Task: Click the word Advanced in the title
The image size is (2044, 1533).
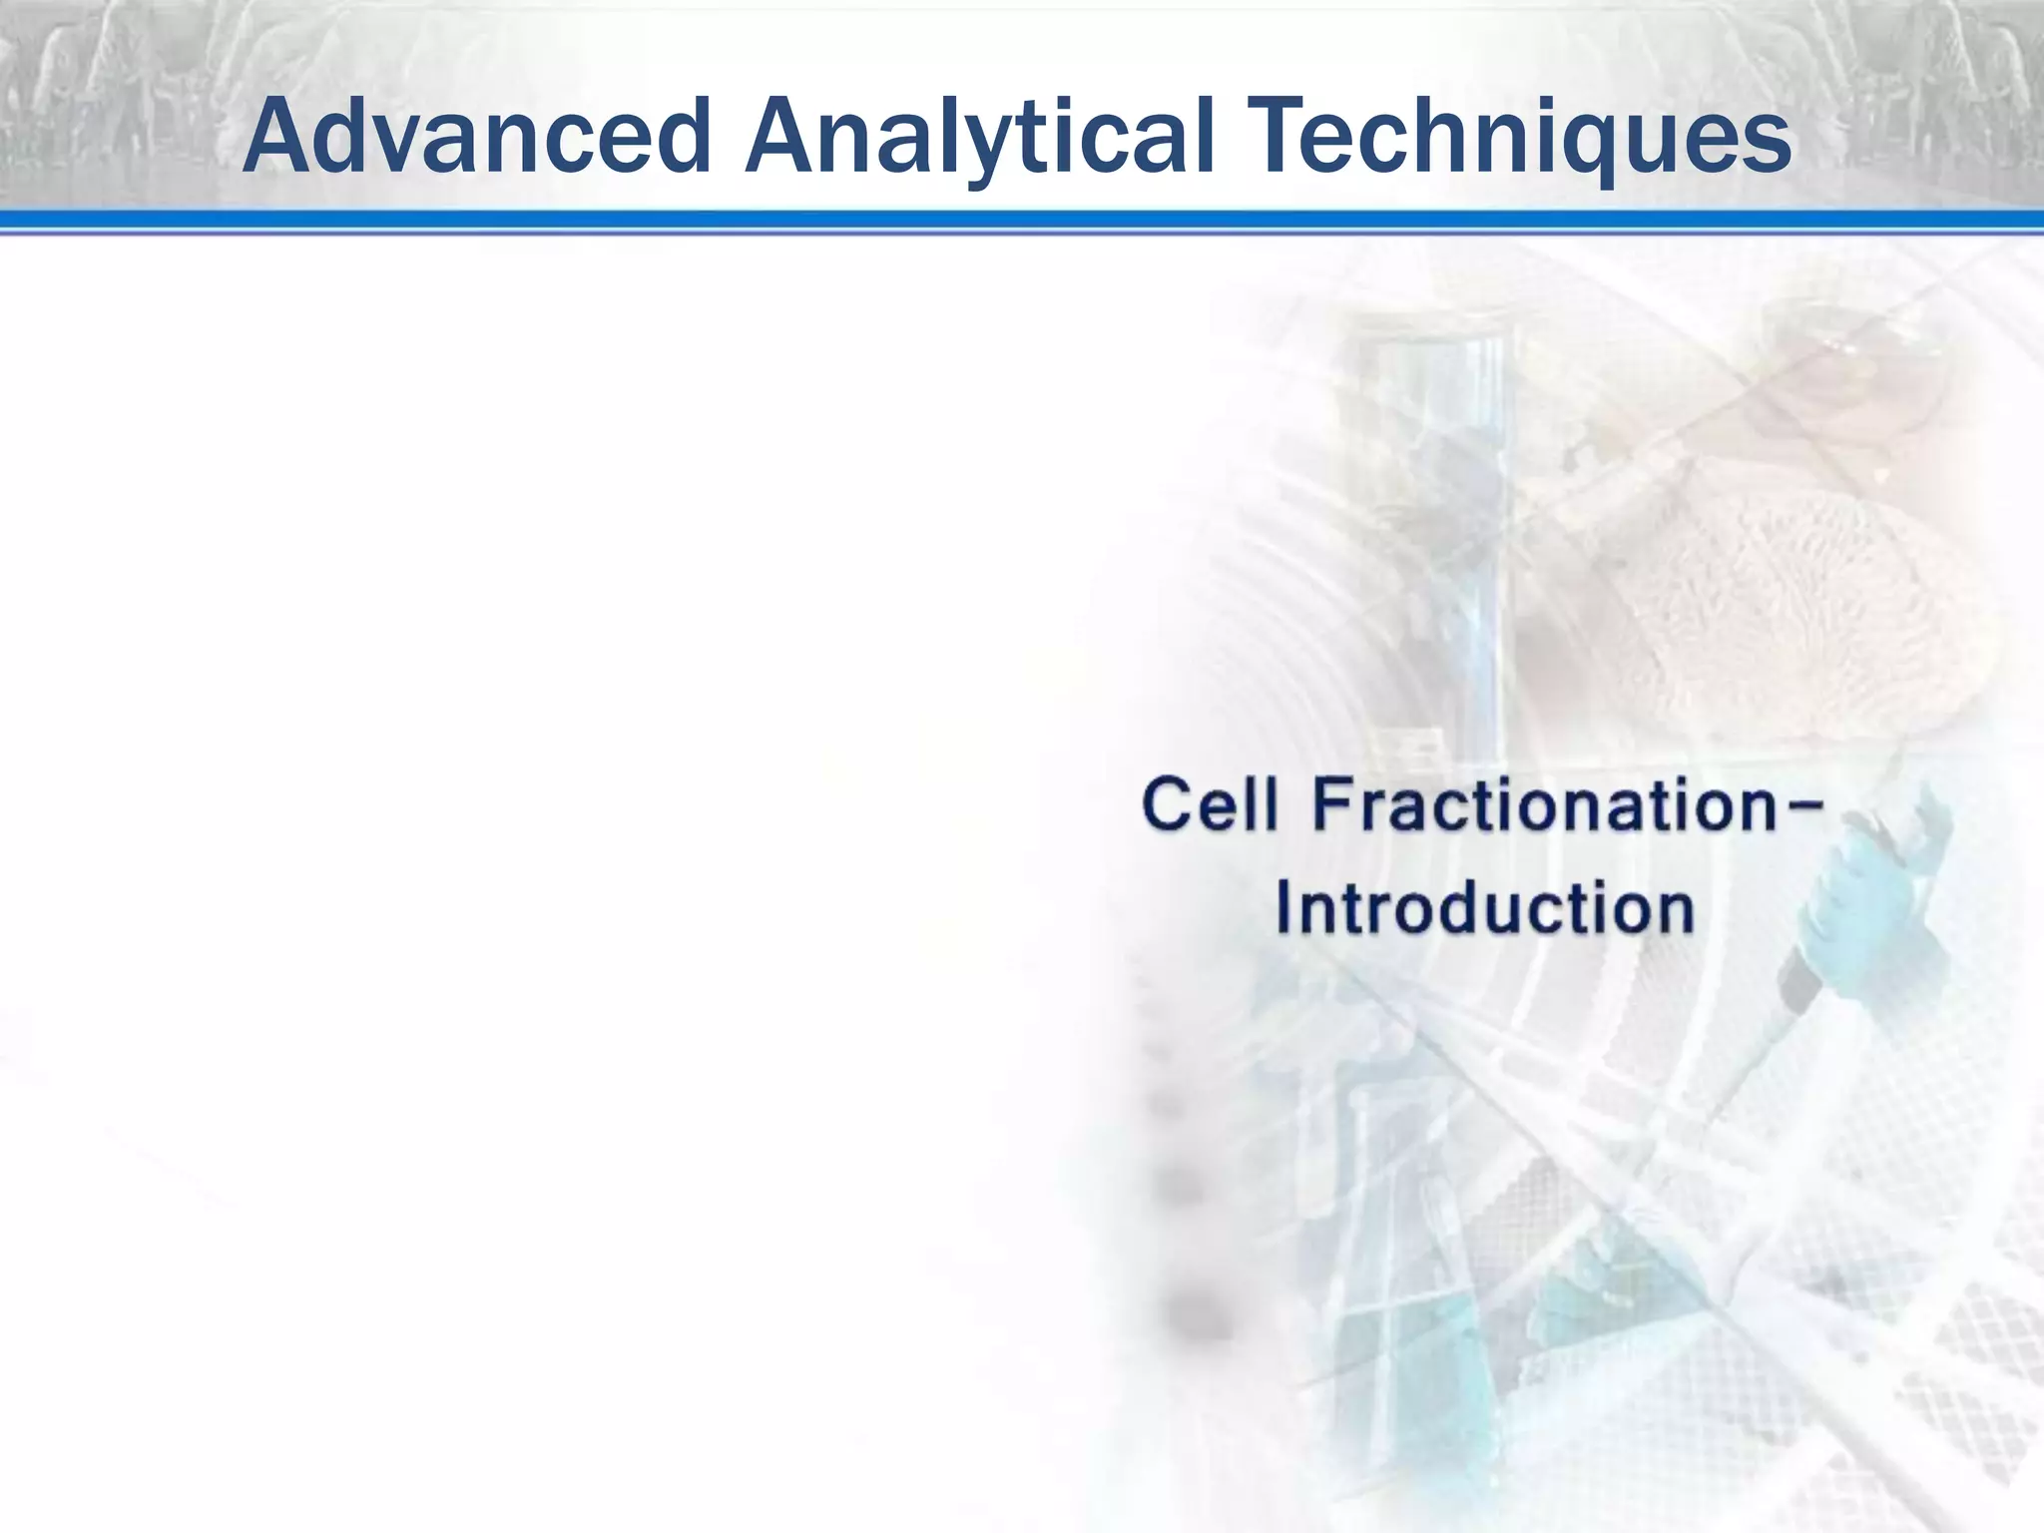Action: (475, 136)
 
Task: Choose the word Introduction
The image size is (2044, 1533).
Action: (1485, 908)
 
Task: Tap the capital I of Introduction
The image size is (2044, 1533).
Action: (1286, 908)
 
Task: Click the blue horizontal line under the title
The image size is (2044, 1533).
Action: (1022, 222)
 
